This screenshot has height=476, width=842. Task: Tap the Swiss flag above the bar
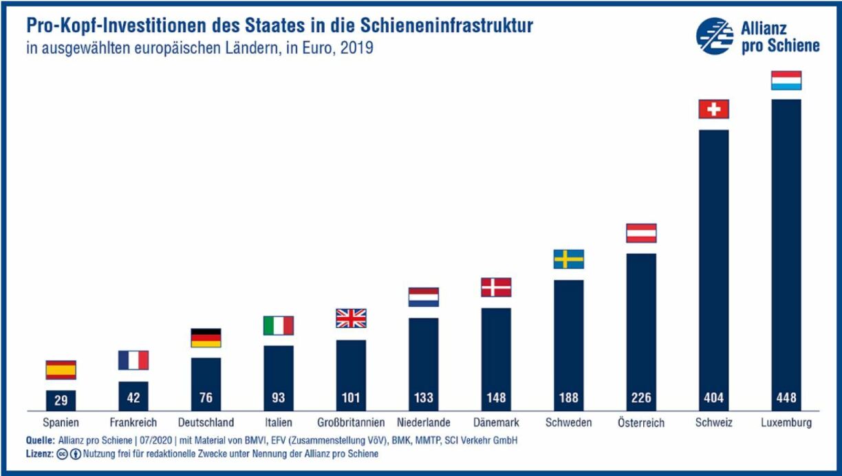(x=713, y=109)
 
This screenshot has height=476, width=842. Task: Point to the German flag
(x=206, y=338)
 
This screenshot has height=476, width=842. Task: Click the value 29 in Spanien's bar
(x=61, y=398)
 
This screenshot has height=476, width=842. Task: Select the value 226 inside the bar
(x=640, y=398)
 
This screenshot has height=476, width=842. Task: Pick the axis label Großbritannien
(x=351, y=422)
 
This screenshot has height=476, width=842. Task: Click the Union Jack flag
(x=351, y=318)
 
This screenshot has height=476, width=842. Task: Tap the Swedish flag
(x=568, y=259)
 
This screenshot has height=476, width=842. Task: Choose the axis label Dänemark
(x=496, y=422)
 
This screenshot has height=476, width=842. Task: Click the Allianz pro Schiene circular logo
(x=714, y=36)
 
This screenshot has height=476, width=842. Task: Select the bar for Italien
(x=278, y=378)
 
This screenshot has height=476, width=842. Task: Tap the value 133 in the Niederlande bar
(x=423, y=398)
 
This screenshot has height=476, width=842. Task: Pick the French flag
(x=133, y=360)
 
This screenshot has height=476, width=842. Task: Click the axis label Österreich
(x=640, y=423)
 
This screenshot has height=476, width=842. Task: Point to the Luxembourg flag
(x=786, y=80)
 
